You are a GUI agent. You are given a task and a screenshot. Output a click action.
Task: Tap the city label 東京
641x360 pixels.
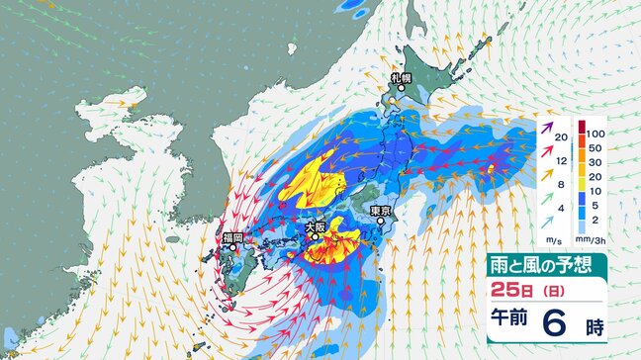381,211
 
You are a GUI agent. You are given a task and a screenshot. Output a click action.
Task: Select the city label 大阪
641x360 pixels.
315,225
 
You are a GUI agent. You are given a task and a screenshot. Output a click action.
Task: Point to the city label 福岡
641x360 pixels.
232,237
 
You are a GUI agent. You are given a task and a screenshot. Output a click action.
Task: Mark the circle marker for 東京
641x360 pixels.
381,223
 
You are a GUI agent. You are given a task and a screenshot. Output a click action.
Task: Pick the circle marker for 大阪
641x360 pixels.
315,237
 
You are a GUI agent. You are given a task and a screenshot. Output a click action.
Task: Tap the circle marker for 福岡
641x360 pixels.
233,249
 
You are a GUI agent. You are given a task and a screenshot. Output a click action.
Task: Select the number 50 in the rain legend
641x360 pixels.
593,145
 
